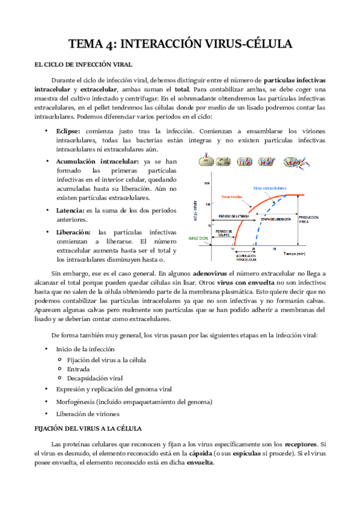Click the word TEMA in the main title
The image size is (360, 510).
click(x=85, y=44)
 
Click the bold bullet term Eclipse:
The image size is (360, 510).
click(x=70, y=131)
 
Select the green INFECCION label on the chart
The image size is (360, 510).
click(x=198, y=238)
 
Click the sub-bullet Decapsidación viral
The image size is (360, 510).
click(x=95, y=378)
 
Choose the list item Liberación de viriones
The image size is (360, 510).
click(x=88, y=414)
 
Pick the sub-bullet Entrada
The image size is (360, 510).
click(x=79, y=369)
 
